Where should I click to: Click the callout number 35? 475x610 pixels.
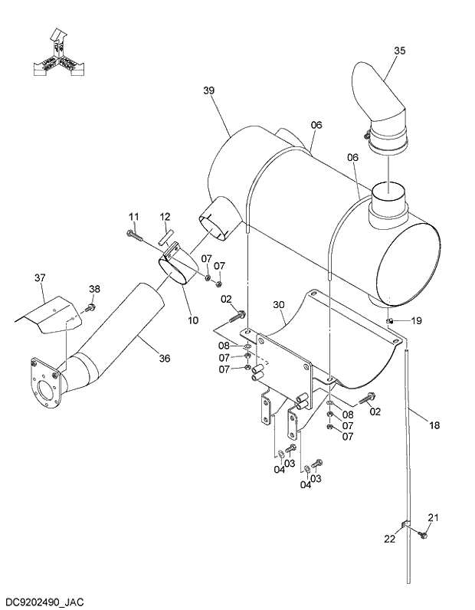399,51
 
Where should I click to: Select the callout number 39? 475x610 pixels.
209,90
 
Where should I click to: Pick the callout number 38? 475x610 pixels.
94,289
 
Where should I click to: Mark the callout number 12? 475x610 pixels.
165,217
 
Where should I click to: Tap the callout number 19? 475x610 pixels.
416,320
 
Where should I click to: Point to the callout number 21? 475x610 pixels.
433,518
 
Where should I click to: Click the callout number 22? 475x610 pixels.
389,539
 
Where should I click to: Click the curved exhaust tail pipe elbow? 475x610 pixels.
384,100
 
